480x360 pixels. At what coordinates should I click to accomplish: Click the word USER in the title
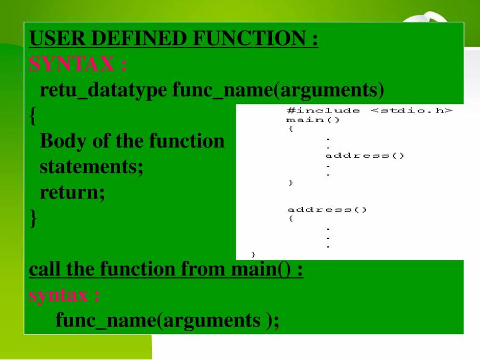click(x=57, y=38)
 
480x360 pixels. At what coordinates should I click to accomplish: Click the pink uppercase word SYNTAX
click(x=71, y=63)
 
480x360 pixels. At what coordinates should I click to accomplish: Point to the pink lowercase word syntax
click(x=58, y=295)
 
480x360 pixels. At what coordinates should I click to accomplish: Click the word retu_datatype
click(x=103, y=90)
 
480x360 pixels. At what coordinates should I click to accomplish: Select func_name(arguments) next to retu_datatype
click(x=278, y=90)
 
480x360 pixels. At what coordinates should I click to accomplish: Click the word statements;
click(x=92, y=167)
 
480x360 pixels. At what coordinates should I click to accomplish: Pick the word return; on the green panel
click(x=73, y=193)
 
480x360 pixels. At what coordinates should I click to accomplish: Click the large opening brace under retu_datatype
click(x=33, y=116)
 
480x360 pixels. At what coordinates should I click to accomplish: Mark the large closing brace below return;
click(x=33, y=219)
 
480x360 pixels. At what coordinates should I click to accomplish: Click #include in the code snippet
click(x=323, y=110)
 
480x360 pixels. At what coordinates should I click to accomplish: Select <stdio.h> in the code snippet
click(x=411, y=110)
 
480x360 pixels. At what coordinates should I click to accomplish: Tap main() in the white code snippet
click(x=313, y=119)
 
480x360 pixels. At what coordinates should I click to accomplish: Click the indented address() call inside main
click(x=365, y=156)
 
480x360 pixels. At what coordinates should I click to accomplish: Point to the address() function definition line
click(x=327, y=210)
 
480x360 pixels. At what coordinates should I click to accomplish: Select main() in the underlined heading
click(x=260, y=269)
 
